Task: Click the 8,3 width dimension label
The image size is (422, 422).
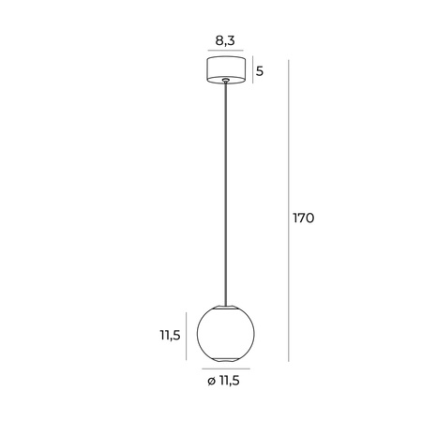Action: click(x=224, y=40)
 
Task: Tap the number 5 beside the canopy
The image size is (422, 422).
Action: click(x=260, y=71)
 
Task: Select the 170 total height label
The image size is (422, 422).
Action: click(x=302, y=218)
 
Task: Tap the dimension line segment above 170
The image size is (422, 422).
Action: click(x=288, y=131)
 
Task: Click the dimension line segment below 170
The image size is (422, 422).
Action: click(x=288, y=300)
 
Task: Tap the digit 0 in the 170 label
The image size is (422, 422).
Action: click(x=310, y=218)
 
